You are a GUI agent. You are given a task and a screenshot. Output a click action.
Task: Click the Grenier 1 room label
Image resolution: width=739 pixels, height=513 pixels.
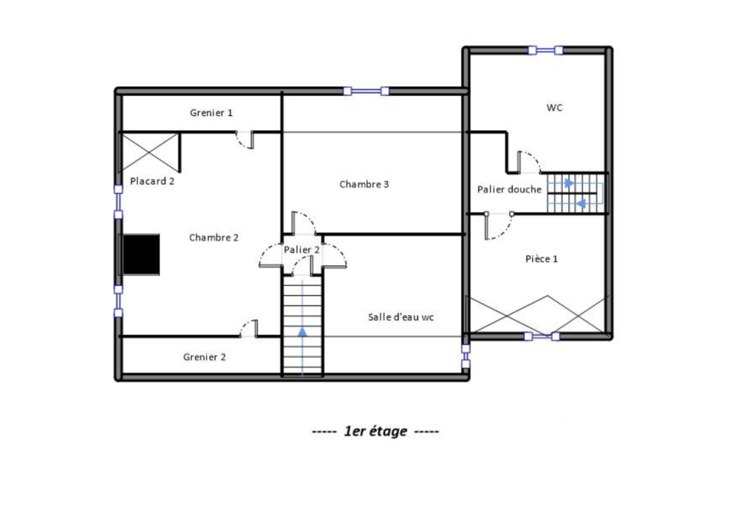pos(211,113)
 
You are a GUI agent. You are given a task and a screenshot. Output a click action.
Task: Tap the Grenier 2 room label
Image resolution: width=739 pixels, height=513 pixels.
pos(205,357)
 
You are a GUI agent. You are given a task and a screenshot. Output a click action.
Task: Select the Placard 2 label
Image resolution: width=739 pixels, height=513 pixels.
pos(152,181)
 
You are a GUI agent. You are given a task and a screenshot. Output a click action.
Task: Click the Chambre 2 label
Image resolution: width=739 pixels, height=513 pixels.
pos(214,237)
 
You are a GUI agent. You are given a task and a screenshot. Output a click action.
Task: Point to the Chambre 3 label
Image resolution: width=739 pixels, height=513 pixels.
pos(364,184)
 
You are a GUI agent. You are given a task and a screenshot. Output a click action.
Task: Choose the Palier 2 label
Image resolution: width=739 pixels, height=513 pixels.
pos(302,250)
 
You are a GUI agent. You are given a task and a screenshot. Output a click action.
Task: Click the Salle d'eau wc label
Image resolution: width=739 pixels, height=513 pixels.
pos(401,317)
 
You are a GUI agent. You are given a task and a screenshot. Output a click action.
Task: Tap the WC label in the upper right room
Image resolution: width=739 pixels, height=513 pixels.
pos(555,108)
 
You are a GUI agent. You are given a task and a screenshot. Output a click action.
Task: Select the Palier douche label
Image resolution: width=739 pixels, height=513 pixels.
pos(509,190)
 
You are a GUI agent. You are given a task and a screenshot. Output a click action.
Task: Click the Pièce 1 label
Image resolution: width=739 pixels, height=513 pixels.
pos(542,259)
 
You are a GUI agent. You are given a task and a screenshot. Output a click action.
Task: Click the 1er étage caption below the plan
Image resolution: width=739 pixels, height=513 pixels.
pos(375,432)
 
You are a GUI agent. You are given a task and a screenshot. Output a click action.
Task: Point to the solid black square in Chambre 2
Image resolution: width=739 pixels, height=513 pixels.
pos(140,255)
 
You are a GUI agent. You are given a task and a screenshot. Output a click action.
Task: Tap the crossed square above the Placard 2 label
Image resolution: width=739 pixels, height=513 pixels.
pos(150,151)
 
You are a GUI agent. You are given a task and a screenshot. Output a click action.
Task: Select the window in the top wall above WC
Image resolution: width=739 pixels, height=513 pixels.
pos(546,50)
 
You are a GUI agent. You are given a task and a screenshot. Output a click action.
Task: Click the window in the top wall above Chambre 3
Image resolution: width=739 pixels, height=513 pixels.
pos(367,92)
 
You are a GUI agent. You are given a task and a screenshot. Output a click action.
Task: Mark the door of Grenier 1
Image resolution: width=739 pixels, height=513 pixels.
pos(245,139)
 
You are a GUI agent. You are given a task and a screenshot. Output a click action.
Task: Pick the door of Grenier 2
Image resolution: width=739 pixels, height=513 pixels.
pos(248,329)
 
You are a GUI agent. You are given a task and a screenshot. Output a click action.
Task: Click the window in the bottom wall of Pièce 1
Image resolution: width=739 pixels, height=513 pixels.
pos(542,336)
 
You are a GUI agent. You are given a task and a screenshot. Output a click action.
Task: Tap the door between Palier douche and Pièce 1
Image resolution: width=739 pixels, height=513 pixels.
pos(498,225)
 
